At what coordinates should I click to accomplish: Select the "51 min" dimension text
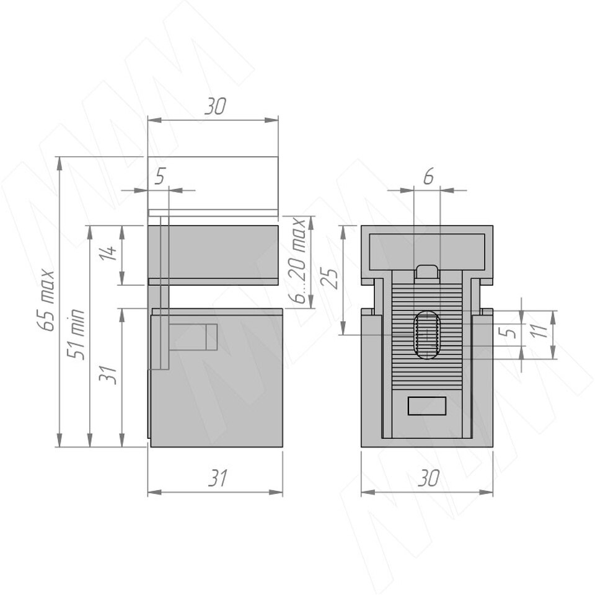click(76, 334)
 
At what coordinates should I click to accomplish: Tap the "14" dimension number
click(108, 253)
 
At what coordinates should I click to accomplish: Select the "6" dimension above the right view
click(428, 177)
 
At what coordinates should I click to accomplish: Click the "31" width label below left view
click(218, 478)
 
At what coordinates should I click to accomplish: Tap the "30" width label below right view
click(428, 478)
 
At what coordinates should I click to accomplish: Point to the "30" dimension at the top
click(215, 107)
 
